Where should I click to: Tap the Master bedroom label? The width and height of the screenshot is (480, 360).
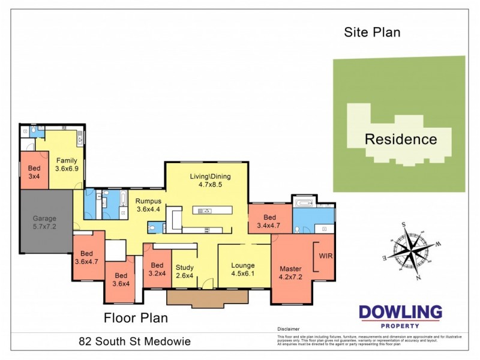click(291, 272)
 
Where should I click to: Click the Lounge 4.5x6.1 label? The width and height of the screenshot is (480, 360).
click(243, 269)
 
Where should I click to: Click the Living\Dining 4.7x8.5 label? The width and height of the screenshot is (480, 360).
click(210, 181)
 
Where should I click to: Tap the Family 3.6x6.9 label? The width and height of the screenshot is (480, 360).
click(67, 165)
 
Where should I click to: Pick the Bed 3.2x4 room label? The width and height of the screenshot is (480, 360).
click(157, 269)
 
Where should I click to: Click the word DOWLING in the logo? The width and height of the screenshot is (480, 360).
click(400, 312)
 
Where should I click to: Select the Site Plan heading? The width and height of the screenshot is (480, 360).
click(371, 32)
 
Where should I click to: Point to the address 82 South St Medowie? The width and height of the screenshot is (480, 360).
click(134, 342)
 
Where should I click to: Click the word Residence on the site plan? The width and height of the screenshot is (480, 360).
click(401, 139)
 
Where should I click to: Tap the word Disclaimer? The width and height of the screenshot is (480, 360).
click(288, 329)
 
